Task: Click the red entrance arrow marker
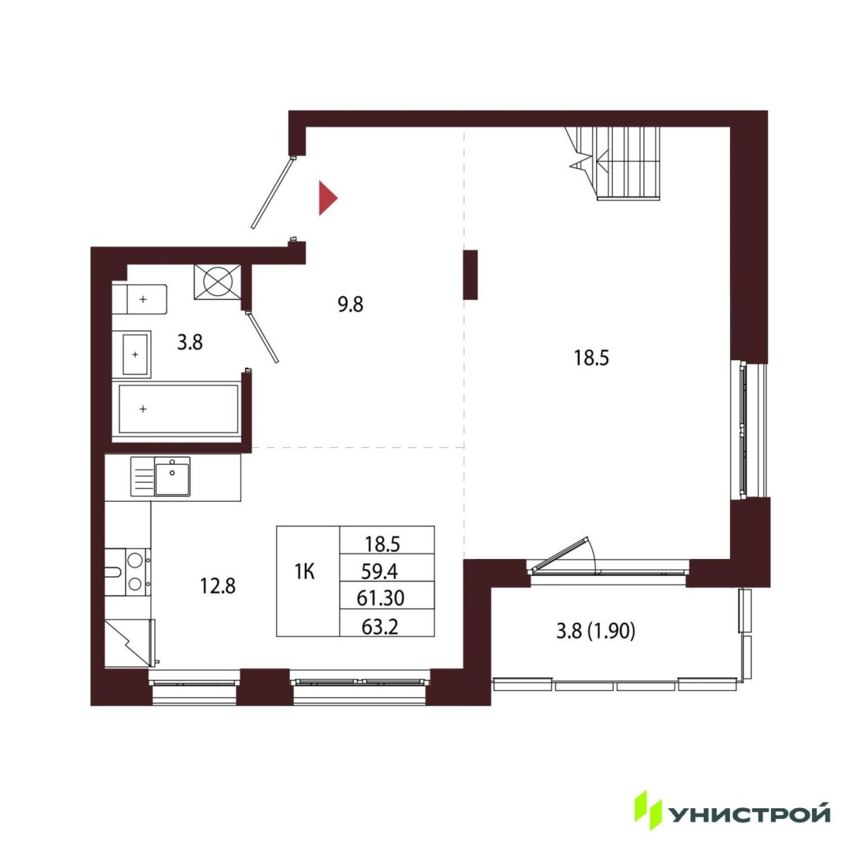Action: [x=327, y=198]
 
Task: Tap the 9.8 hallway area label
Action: [x=350, y=304]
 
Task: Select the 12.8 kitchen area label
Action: [x=218, y=585]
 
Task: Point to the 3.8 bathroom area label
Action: [x=190, y=343]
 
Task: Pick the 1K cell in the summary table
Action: [x=304, y=572]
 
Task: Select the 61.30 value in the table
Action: [x=380, y=598]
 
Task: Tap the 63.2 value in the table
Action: [x=380, y=627]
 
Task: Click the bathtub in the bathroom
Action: [x=178, y=409]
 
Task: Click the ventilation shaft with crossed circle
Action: [x=218, y=281]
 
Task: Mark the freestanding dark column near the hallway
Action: [x=470, y=275]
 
